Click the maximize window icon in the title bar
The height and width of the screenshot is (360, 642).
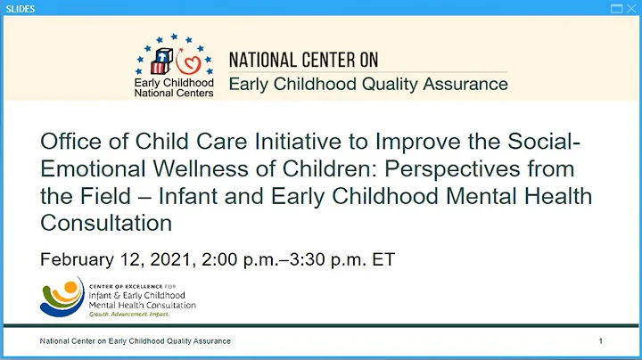[x=615, y=8]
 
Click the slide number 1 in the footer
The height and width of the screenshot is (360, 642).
[x=601, y=341]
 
